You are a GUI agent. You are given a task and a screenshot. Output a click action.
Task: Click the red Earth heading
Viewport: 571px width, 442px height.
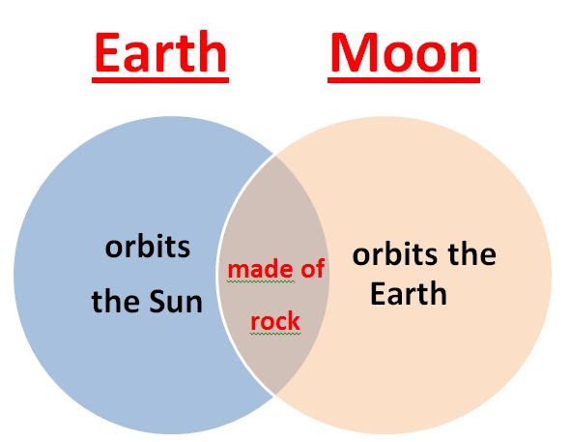[x=161, y=54]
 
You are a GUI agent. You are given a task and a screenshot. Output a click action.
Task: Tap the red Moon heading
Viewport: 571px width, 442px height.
[x=404, y=54]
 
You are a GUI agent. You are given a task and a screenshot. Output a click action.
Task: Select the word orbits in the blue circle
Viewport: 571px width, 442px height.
[x=147, y=248]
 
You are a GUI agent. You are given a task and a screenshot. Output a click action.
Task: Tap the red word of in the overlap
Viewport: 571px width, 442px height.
[x=308, y=270]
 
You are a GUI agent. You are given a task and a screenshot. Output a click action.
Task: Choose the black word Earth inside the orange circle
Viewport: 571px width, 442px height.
[x=409, y=292]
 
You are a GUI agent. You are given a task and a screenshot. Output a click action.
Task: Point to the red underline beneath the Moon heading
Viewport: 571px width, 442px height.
[x=404, y=78]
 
